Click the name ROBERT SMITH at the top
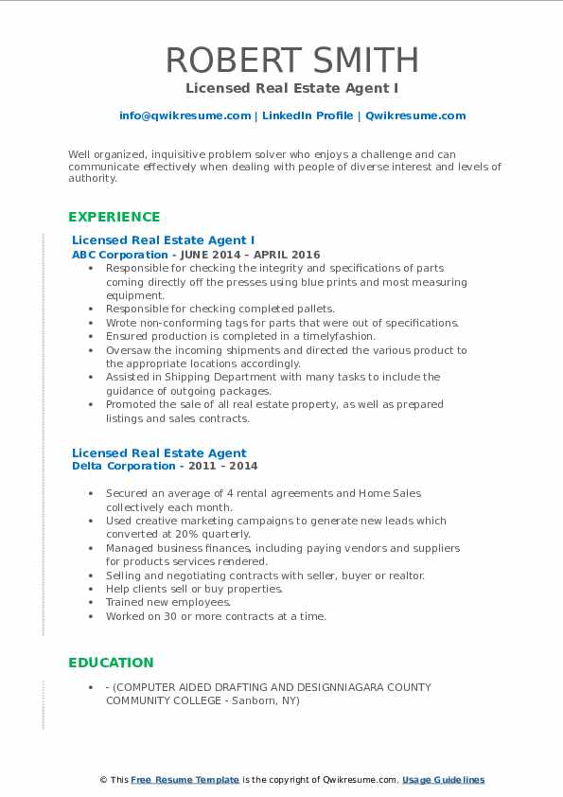pos(291,60)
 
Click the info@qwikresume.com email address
pos(185,115)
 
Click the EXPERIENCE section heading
pos(114,217)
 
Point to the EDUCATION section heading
pos(111,663)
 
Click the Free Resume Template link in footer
pos(185,780)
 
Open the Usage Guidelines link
pos(443,780)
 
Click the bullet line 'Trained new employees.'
pos(168,602)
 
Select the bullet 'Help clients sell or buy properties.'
pos(194,589)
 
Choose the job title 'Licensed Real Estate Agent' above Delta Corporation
pos(159,452)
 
